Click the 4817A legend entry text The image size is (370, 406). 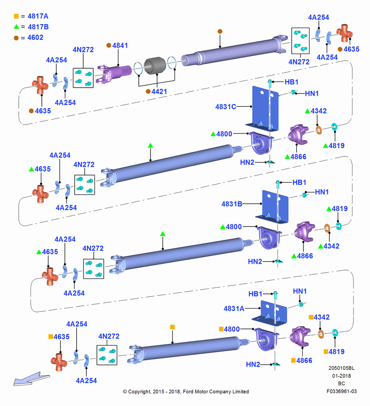click(x=38, y=16)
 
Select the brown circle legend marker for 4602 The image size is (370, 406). click(x=16, y=38)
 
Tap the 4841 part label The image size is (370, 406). click(x=120, y=45)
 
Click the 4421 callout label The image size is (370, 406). click(x=159, y=92)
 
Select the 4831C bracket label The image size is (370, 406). click(x=226, y=107)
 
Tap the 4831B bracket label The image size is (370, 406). click(x=232, y=204)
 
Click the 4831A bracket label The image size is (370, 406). click(x=234, y=309)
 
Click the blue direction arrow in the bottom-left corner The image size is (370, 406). click(x=32, y=378)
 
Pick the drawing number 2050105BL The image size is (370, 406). click(x=342, y=368)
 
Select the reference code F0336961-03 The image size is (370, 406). click(x=342, y=391)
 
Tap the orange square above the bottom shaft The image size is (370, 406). click(x=172, y=327)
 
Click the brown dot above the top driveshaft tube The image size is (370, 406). click(x=220, y=31)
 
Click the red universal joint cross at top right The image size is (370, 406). click(x=344, y=33)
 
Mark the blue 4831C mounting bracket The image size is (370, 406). click(x=262, y=109)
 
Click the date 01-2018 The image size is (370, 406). click(x=342, y=376)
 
